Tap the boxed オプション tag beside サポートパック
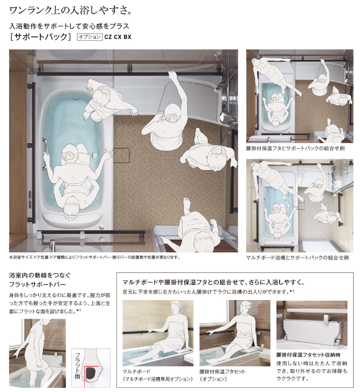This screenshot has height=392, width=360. [x=89, y=37]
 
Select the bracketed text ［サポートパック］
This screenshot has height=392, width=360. [x=41, y=37]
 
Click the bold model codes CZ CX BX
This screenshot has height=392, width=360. [x=118, y=37]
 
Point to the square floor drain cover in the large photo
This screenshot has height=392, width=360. [x=122, y=155]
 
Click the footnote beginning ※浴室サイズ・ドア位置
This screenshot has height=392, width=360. [x=95, y=258]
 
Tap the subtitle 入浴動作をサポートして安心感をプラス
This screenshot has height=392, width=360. [x=69, y=25]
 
